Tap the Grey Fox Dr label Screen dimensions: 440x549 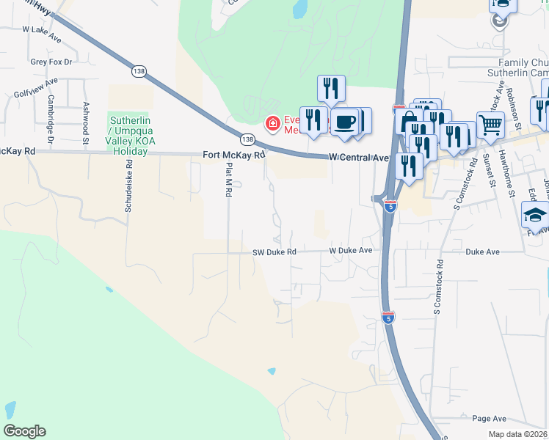(x=51, y=62)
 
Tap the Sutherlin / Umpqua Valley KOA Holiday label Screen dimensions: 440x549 (x=128, y=136)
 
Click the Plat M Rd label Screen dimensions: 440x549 (x=228, y=180)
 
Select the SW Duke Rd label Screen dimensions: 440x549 (x=274, y=252)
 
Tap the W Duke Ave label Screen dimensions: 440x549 (x=351, y=250)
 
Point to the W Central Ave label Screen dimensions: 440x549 (x=358, y=157)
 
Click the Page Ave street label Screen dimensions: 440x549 (x=490, y=419)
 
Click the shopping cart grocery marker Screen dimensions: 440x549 (x=490, y=125)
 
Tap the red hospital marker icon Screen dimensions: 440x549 (x=272, y=123)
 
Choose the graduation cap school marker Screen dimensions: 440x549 (x=535, y=216)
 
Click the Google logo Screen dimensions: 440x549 (x=25, y=430)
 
